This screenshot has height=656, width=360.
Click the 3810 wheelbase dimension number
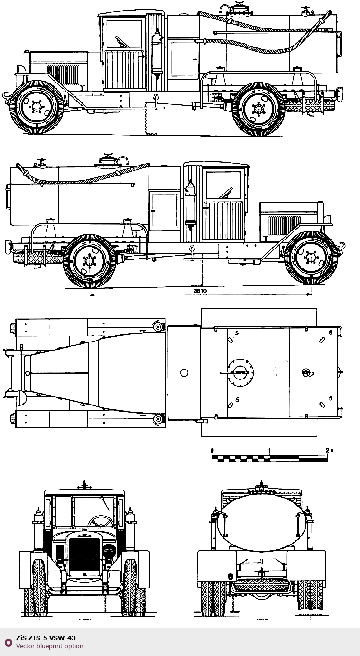200,291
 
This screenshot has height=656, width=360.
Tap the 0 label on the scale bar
212,450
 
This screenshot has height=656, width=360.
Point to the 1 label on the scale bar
269,450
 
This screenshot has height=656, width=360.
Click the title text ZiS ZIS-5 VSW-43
46,638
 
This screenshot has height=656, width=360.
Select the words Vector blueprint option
49,646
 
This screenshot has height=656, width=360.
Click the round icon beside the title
8,642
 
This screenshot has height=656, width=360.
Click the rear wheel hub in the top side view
258,110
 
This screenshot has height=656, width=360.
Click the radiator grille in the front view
84,554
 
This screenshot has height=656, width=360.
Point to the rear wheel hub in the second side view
89,260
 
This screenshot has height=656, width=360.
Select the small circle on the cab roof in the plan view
185,373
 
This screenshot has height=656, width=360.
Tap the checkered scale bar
269,458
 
